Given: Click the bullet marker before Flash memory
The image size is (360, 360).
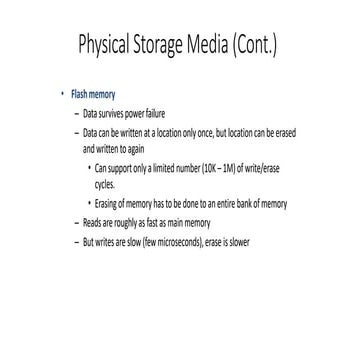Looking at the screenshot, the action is [x=61, y=93].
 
